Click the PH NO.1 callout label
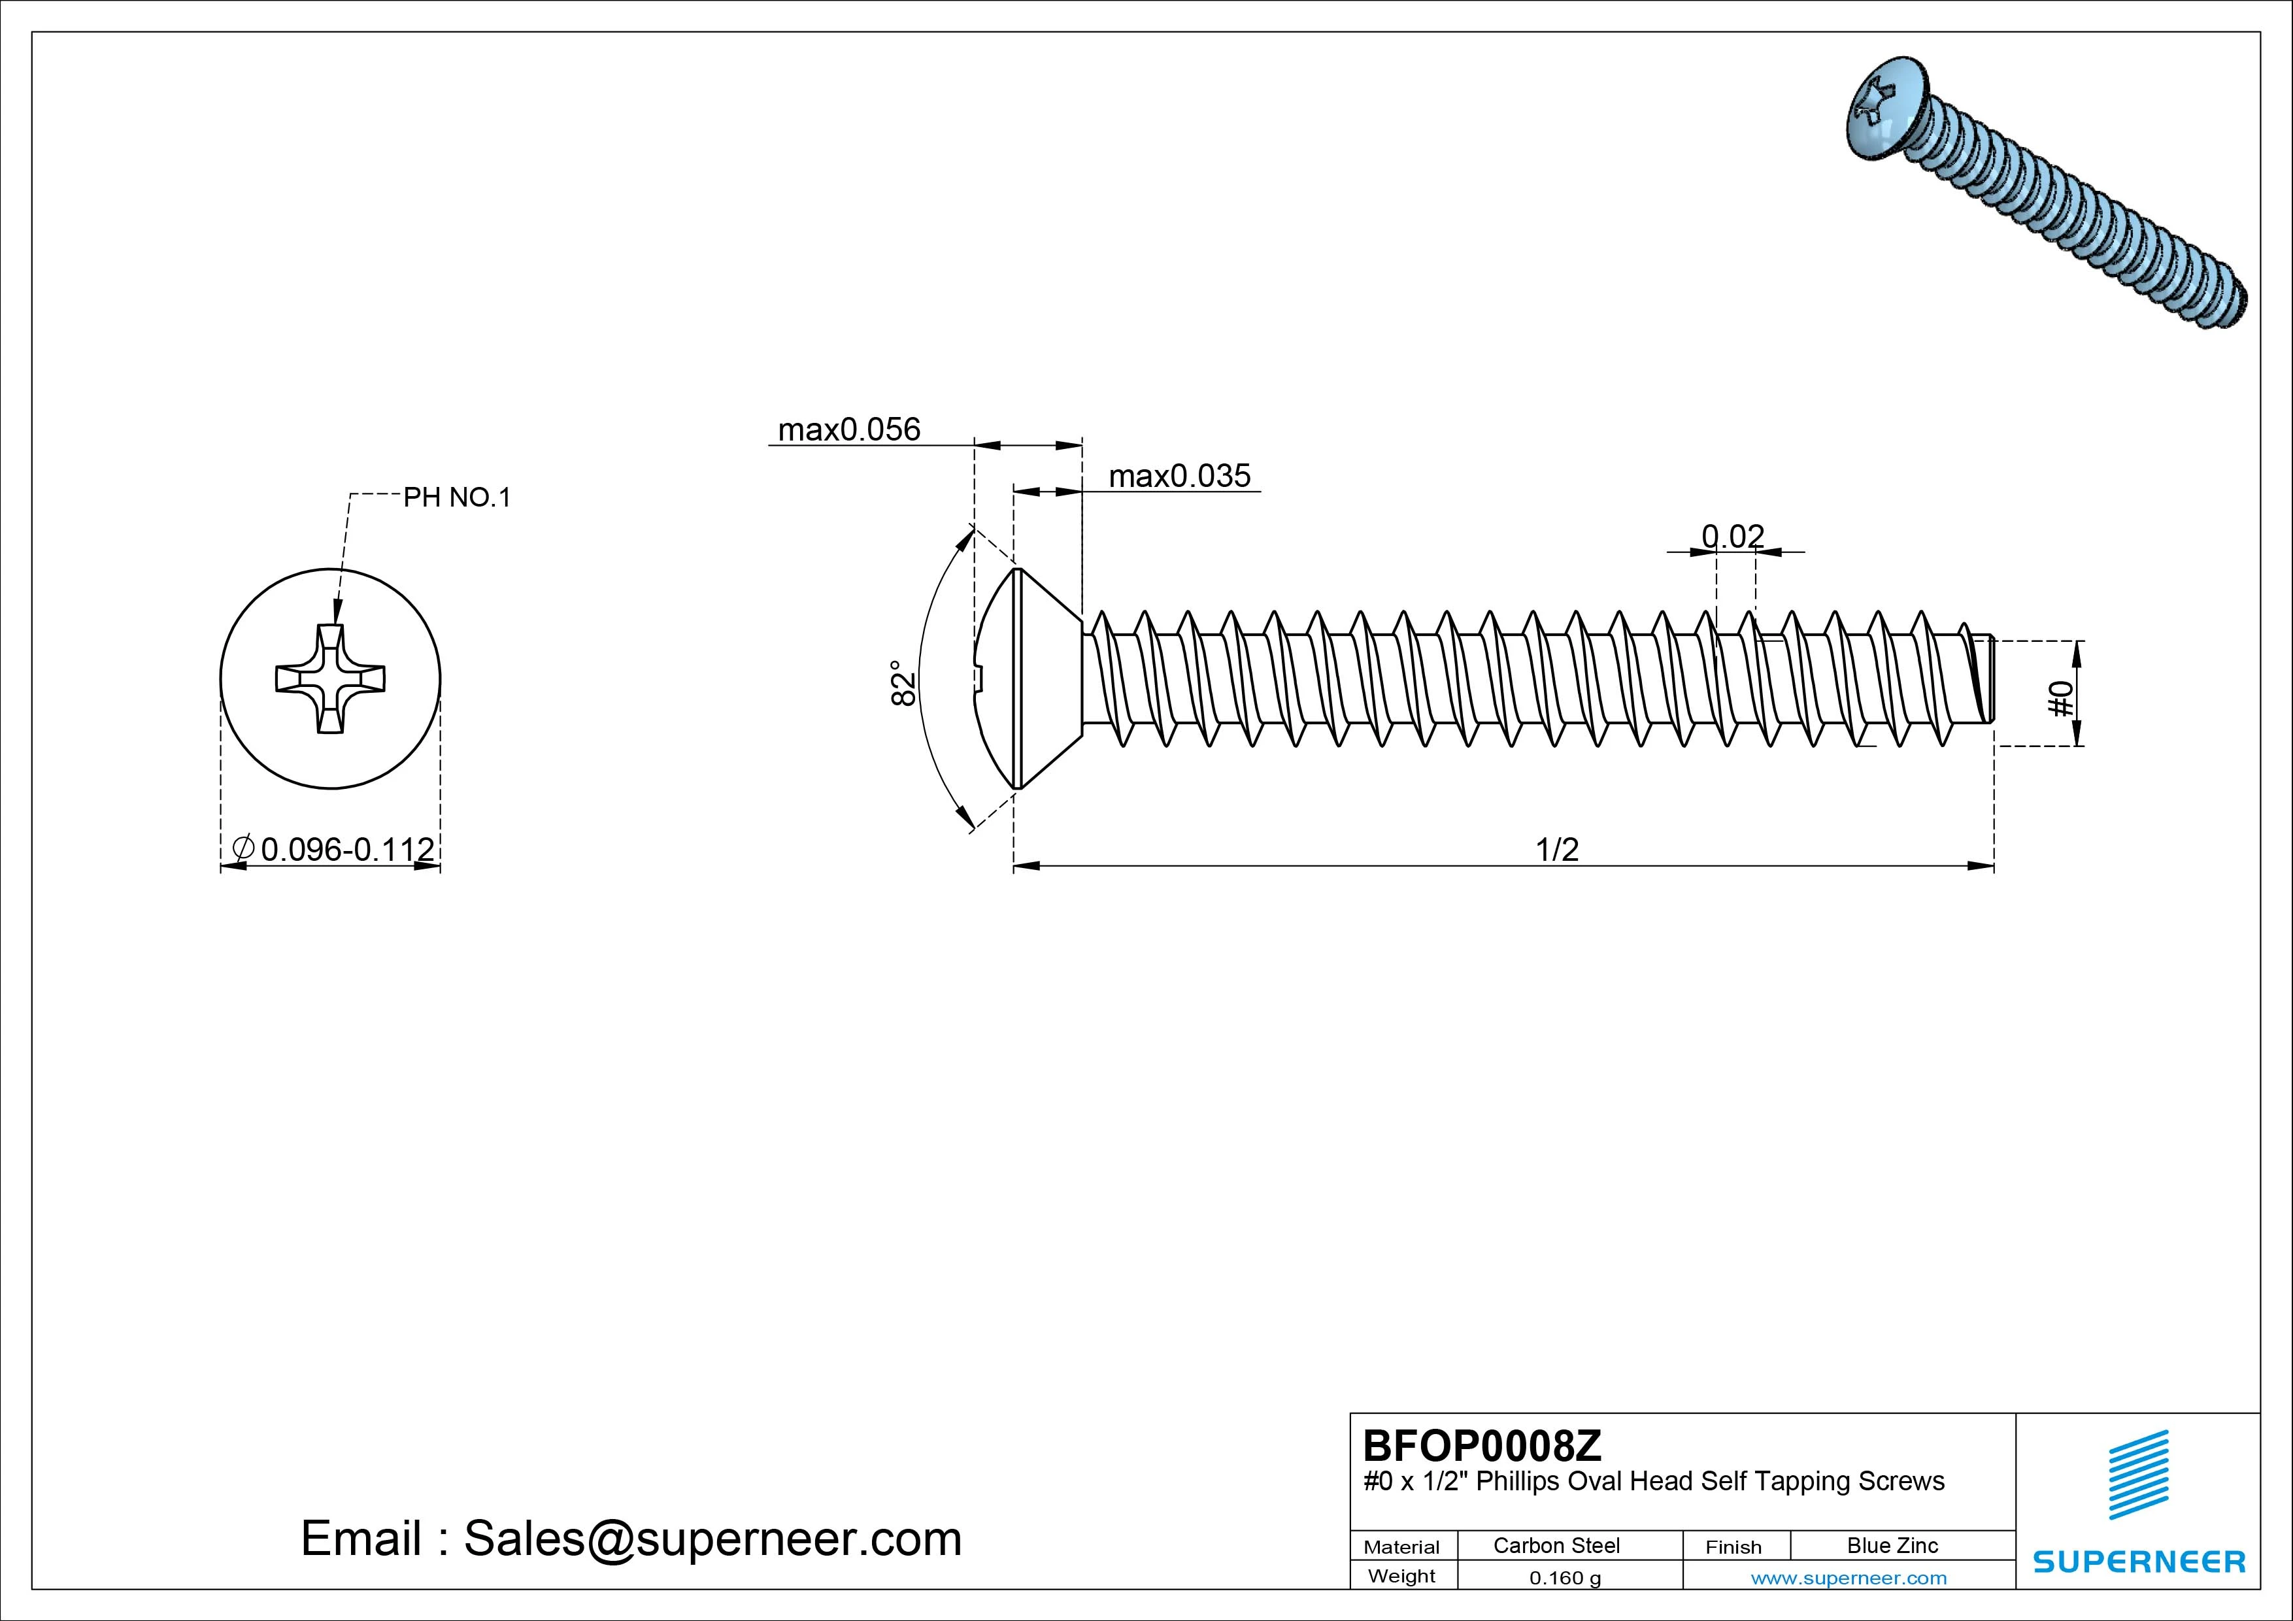(456, 497)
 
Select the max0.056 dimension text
(849, 429)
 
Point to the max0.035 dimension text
(1179, 475)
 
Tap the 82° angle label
(903, 682)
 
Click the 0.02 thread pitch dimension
(1733, 537)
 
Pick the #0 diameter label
(2060, 698)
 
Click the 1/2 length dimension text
(1557, 849)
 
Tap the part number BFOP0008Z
(1482, 1445)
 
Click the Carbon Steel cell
(1556, 1545)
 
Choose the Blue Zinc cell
(1892, 1545)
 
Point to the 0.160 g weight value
(1565, 1578)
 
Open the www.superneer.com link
(1849, 1578)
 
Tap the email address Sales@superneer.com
(712, 1538)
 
